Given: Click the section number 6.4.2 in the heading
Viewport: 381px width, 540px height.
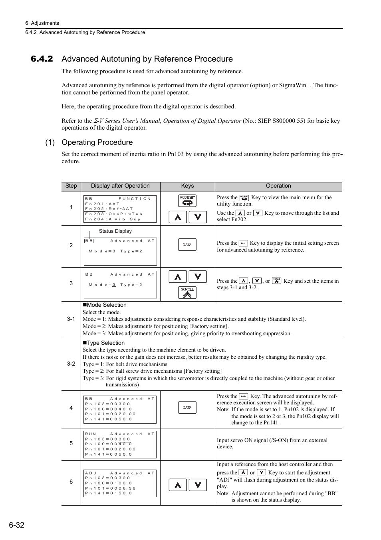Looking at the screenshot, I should pos(42,59).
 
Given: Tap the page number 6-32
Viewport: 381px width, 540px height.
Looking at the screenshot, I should pos(16,525).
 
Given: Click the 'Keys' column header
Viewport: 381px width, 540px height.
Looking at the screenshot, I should pos(187,186).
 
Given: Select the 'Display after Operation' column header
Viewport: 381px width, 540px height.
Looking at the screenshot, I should pos(120,186).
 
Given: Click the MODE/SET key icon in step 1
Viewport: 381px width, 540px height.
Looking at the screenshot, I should pos(187,200).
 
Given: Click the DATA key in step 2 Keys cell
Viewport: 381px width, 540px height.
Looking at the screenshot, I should pos(187,245).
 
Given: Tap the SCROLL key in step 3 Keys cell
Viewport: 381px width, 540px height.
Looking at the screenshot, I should pos(187,292).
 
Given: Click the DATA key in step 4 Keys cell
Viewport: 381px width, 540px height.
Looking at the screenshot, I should pos(187,408).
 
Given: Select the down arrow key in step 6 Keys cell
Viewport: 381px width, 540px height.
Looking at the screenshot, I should pos(198,485).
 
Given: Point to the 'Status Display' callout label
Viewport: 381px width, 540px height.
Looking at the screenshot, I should pos(115,231).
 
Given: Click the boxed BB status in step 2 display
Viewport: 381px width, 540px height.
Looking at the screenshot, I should pos(89,241).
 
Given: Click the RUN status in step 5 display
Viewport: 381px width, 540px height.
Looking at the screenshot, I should pos(91,434).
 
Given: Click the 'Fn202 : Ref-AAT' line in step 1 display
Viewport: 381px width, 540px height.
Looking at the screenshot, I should pos(109,209).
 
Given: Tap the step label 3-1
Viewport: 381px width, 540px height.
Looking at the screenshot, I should pos(71,319).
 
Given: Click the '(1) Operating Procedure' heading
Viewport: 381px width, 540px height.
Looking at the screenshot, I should pos(89,142).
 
